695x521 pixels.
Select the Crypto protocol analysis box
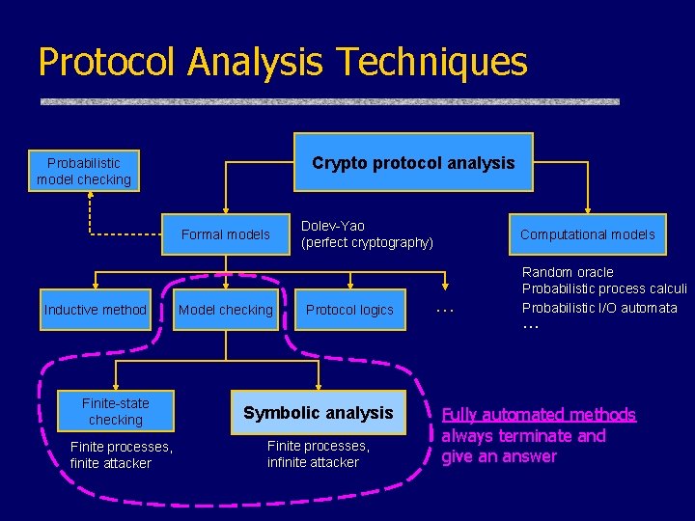413,163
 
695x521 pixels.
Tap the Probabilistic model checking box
84,172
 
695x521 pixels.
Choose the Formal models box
226,234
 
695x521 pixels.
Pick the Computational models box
587,234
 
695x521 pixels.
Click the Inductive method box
95,310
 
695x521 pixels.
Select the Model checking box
226,310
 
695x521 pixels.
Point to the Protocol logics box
349,310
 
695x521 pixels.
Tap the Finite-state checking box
116,412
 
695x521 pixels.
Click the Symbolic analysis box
319,413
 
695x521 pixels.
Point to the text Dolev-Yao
333,226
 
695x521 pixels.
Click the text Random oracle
568,272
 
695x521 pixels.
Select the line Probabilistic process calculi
604,289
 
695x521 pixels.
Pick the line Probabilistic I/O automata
599,308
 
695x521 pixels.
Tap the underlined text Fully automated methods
539,415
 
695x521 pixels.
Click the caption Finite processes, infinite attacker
318,454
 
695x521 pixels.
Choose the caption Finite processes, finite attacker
122,454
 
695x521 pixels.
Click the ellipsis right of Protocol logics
445,310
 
